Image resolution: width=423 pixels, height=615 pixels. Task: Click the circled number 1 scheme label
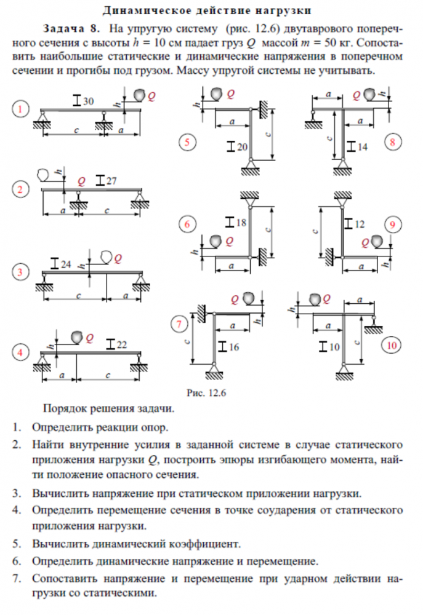coord(20,109)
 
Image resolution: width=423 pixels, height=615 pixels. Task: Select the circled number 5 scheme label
coord(187,142)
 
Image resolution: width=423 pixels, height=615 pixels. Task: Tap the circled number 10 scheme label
coord(392,345)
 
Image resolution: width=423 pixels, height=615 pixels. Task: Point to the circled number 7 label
coord(179,324)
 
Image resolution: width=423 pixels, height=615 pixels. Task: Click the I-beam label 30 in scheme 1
coord(84,101)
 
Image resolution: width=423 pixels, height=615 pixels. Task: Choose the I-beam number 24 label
coord(61,264)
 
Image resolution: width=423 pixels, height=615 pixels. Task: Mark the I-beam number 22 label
coord(116,344)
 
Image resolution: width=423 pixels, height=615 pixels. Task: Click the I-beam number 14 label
coord(357,147)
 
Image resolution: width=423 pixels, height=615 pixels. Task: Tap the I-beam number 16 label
coord(228,347)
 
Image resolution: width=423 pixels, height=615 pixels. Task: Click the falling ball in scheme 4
coord(77,336)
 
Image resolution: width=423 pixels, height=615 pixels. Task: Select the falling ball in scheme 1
coord(139,95)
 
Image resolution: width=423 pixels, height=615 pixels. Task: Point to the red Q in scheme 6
coord(230,241)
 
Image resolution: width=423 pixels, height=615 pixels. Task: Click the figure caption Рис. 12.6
coord(206,393)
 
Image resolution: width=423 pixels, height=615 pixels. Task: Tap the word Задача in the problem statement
coord(63,29)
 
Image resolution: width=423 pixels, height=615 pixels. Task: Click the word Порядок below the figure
coord(65,409)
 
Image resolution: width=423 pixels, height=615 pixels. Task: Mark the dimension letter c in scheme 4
coord(108,375)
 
